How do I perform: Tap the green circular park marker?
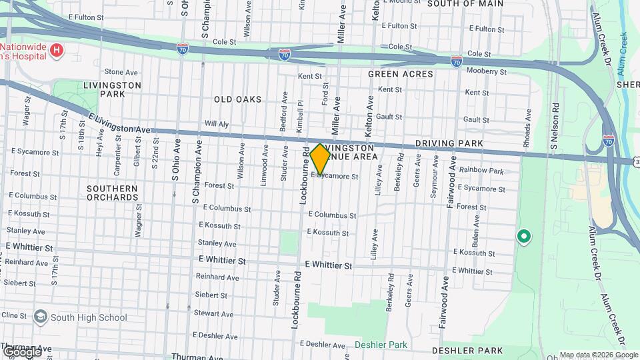[x=524, y=235]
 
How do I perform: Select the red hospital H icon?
[x=57, y=50]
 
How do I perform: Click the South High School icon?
[x=41, y=316]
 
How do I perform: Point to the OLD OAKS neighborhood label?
[x=238, y=99]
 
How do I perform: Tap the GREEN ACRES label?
[x=400, y=74]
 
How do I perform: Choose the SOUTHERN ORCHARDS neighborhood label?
[x=112, y=193]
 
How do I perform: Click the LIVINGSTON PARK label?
[x=112, y=89]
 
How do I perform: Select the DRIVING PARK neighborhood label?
[x=443, y=143]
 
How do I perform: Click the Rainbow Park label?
[x=481, y=171]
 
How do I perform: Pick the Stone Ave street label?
[x=121, y=72]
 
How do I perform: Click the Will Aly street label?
[x=217, y=123]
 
